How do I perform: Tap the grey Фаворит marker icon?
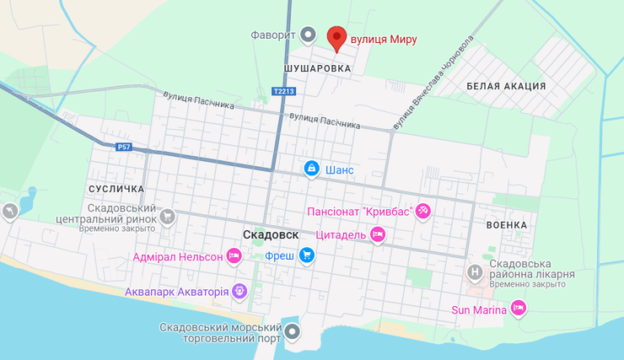[309, 35]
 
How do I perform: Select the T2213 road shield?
[283, 91]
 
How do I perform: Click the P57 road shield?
[124, 147]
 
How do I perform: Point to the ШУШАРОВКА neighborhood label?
[316, 69]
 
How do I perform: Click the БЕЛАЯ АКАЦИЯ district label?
[506, 86]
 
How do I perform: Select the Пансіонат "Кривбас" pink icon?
[423, 211]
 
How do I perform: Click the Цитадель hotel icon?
[378, 235]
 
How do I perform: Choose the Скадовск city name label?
[270, 234]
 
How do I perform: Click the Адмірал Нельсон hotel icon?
[234, 255]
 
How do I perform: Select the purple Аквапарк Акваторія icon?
[240, 292]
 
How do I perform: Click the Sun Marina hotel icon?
[519, 309]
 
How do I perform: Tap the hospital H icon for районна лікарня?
[476, 271]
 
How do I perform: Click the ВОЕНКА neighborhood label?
[507, 225]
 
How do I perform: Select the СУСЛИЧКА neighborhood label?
[116, 189]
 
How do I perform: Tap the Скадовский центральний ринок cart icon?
[168, 217]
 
